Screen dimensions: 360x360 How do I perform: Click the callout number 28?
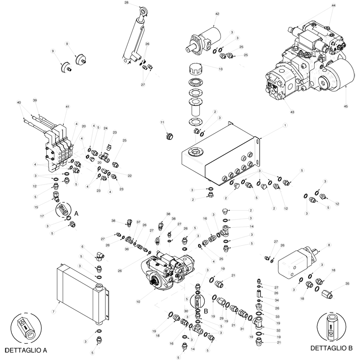(x=126, y=3)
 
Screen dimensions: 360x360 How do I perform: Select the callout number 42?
(x=217, y=14)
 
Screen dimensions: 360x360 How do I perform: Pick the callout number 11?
(x=163, y=122)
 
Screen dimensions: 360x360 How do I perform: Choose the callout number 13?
(x=220, y=69)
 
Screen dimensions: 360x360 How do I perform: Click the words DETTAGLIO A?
(x=26, y=349)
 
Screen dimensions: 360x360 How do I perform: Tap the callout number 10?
(x=138, y=301)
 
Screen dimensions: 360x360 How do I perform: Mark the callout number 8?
(x=329, y=245)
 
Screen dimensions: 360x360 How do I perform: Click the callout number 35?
(x=346, y=283)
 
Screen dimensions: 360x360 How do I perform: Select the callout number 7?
(x=53, y=311)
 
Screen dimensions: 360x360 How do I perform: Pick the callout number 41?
(x=67, y=107)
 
